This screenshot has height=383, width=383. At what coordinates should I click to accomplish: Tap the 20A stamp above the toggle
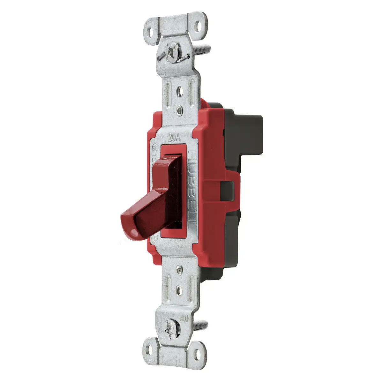pos(174,138)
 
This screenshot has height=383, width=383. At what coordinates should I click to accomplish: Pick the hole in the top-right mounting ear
pos(199,26)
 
